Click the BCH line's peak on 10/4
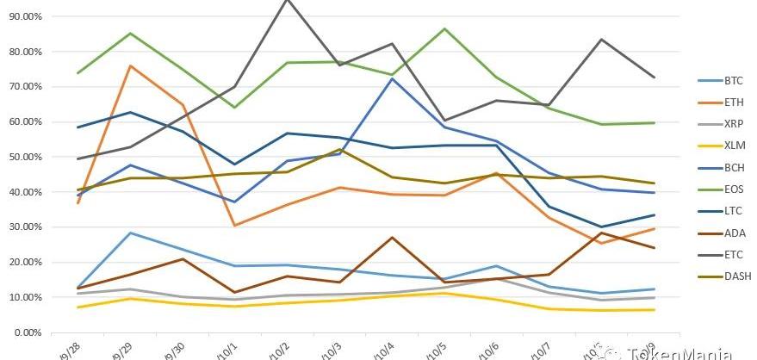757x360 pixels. [393, 78]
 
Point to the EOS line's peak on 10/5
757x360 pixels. [444, 29]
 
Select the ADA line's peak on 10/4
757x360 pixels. [393, 237]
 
